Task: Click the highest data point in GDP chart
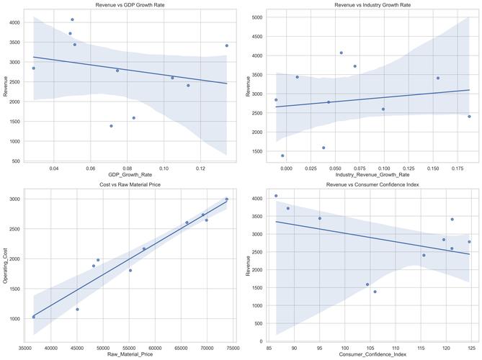pos(72,19)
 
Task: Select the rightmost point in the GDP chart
pos(226,45)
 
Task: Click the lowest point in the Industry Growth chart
pos(282,156)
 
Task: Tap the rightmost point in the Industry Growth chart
pos(469,116)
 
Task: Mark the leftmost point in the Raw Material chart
pos(33,317)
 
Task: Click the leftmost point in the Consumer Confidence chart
pos(276,196)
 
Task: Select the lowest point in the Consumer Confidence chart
pos(375,292)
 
